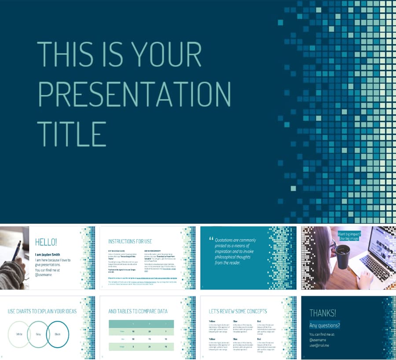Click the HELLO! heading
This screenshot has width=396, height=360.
click(46, 242)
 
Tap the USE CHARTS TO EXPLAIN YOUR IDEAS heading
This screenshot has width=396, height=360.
click(42, 311)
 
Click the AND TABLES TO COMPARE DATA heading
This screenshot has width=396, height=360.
click(138, 311)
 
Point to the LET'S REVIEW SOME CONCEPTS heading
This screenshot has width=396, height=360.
click(238, 311)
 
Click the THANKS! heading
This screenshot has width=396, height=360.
click(323, 313)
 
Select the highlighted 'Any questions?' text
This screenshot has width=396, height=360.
click(324, 326)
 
